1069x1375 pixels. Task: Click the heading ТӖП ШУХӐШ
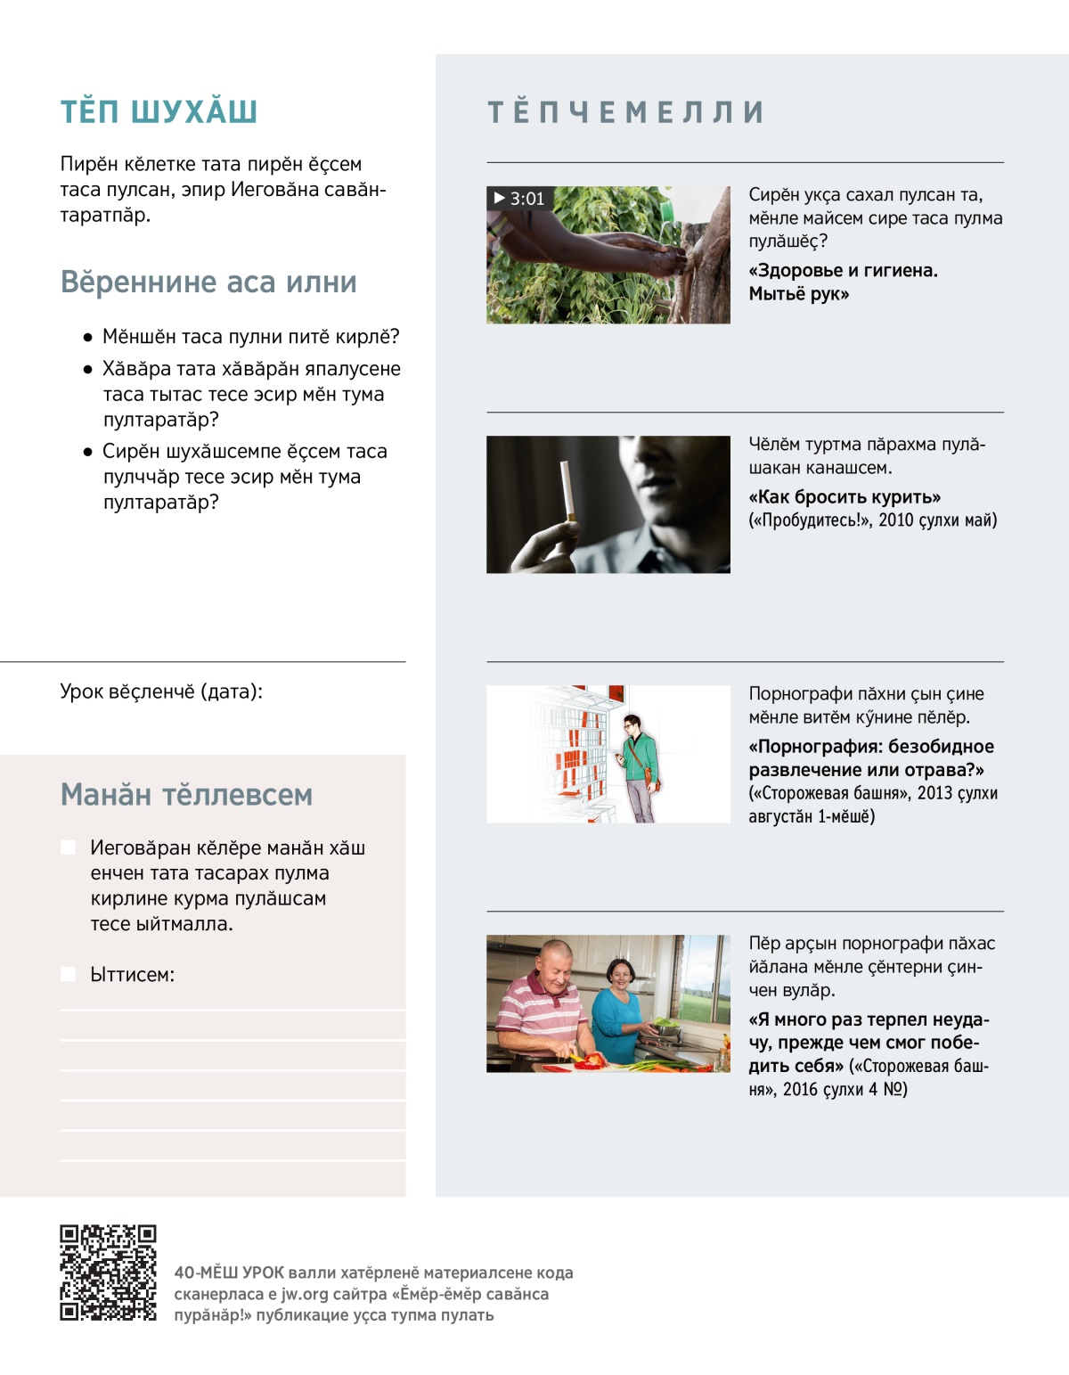pyautogui.click(x=159, y=112)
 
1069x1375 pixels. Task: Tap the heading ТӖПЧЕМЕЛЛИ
pyautogui.click(x=625, y=112)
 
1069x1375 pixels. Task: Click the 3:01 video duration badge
pyautogui.click(x=519, y=199)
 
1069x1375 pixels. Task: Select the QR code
pyautogui.click(x=108, y=1272)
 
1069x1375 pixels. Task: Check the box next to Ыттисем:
pyautogui.click(x=68, y=974)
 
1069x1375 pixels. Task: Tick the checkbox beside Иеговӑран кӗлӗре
pyautogui.click(x=68, y=847)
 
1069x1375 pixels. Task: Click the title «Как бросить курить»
pyautogui.click(x=845, y=497)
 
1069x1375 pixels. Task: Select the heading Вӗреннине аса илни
pyautogui.click(x=208, y=282)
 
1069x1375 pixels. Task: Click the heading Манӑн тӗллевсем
pyautogui.click(x=186, y=794)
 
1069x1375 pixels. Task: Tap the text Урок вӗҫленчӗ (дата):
pyautogui.click(x=161, y=692)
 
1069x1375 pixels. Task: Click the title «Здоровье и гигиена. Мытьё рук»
pyautogui.click(x=843, y=282)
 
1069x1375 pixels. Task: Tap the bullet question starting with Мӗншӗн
pyautogui.click(x=250, y=337)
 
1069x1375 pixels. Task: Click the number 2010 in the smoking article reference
pyautogui.click(x=896, y=520)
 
